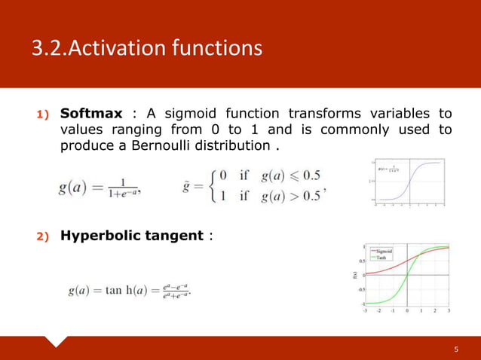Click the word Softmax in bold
pyautogui.click(x=90, y=114)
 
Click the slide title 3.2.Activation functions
pyautogui.click(x=146, y=49)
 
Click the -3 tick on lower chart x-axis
pyautogui.click(x=366, y=310)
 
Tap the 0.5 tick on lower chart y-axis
pyautogui.click(x=361, y=261)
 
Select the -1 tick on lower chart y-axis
pyautogui.click(x=362, y=303)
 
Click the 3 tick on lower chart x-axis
pyautogui.click(x=449, y=310)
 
